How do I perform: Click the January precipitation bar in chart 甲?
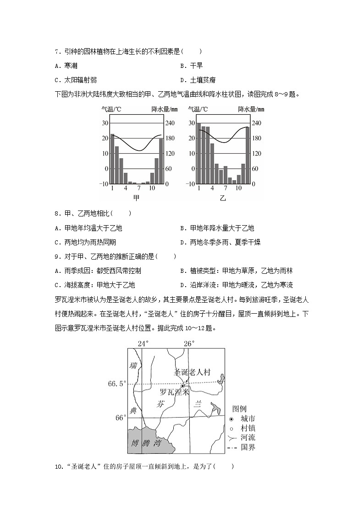(112, 159)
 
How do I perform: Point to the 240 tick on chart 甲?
(170, 123)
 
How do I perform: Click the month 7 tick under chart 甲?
(139, 188)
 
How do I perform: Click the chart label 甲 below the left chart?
(137, 198)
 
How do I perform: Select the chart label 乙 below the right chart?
(223, 198)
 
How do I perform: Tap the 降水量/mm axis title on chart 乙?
(251, 110)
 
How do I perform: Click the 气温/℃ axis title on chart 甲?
(111, 110)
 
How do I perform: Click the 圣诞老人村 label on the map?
(192, 372)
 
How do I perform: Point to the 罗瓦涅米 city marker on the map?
(182, 386)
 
